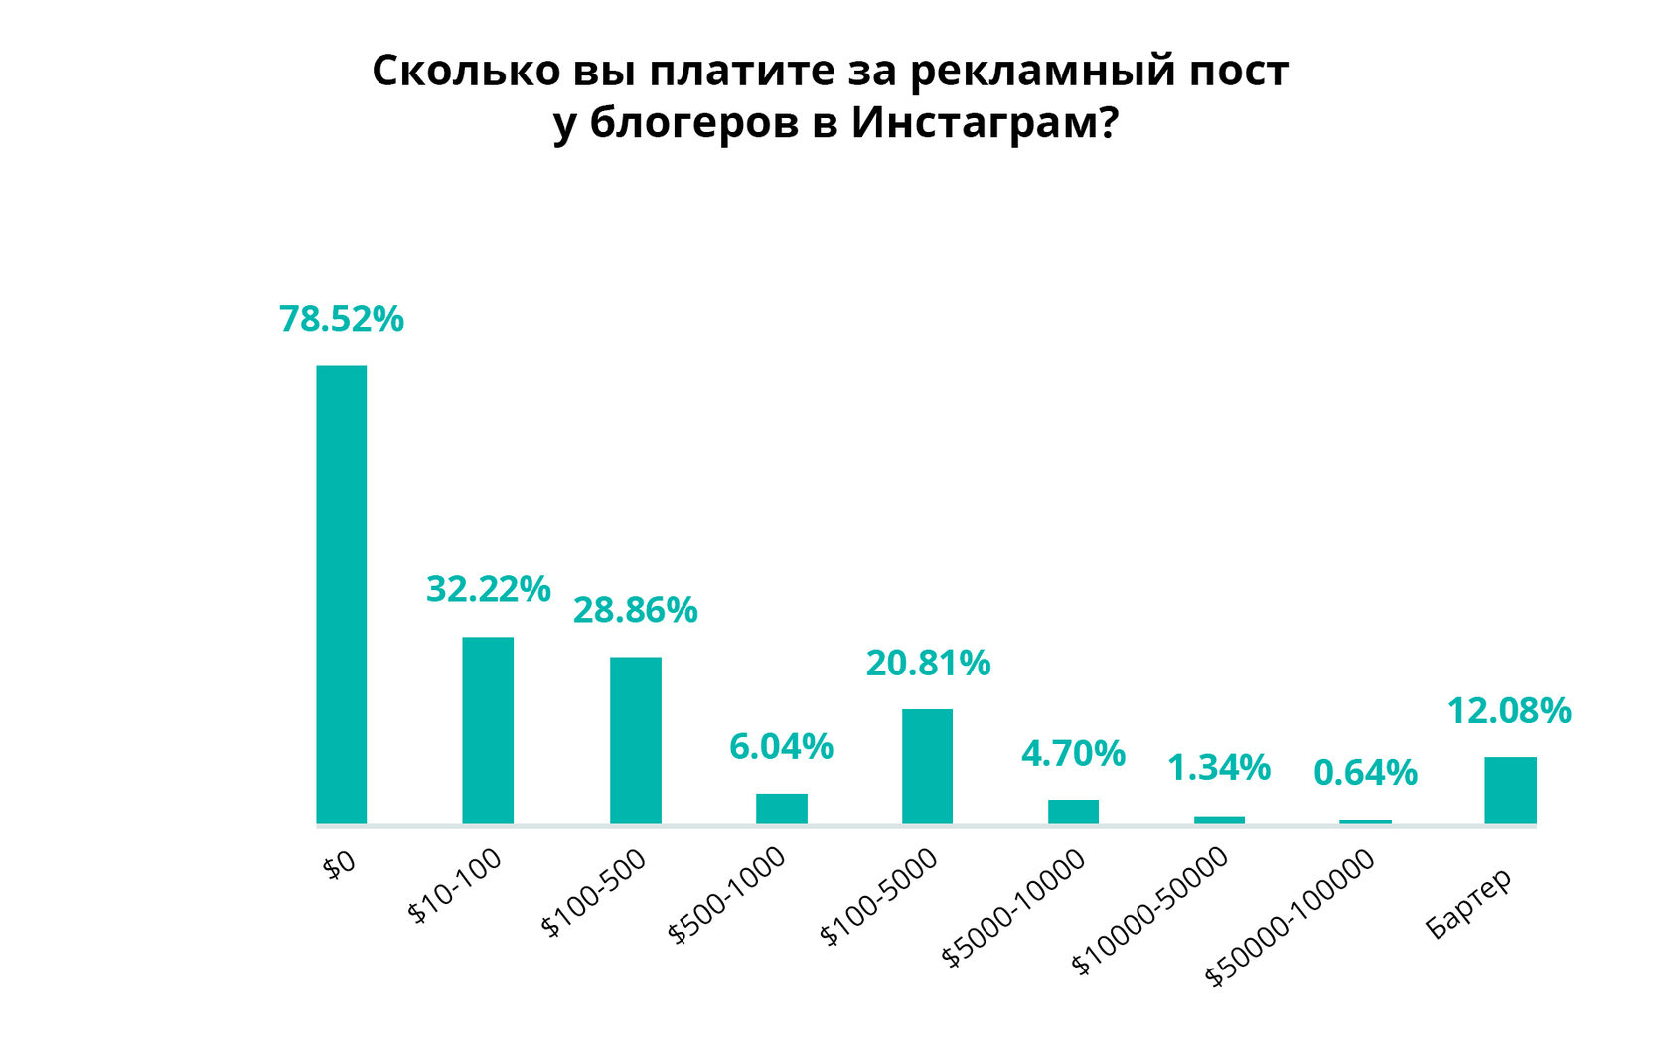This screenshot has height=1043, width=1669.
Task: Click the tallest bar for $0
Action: (342, 594)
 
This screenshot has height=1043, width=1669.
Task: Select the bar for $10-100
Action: (488, 730)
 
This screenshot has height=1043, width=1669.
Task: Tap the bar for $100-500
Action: (635, 740)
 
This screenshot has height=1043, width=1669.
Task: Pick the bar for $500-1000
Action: (781, 809)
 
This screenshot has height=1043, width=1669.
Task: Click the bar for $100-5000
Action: (927, 766)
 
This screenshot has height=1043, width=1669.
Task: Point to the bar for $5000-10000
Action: (1073, 812)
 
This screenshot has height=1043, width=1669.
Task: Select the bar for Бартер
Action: (1510, 790)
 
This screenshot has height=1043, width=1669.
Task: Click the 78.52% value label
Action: (342, 319)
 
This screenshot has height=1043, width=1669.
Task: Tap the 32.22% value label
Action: (488, 589)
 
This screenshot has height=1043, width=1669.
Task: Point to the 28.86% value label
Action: (635, 610)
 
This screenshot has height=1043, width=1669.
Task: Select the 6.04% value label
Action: (781, 746)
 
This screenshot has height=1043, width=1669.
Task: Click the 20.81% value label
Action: (928, 663)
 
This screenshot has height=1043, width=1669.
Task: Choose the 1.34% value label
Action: (1219, 767)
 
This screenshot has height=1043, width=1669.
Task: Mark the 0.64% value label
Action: (1365, 772)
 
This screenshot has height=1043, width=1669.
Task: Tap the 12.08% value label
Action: (1509, 710)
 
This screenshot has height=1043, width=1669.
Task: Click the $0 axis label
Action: (339, 864)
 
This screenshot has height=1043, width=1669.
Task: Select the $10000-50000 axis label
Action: (1151, 911)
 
